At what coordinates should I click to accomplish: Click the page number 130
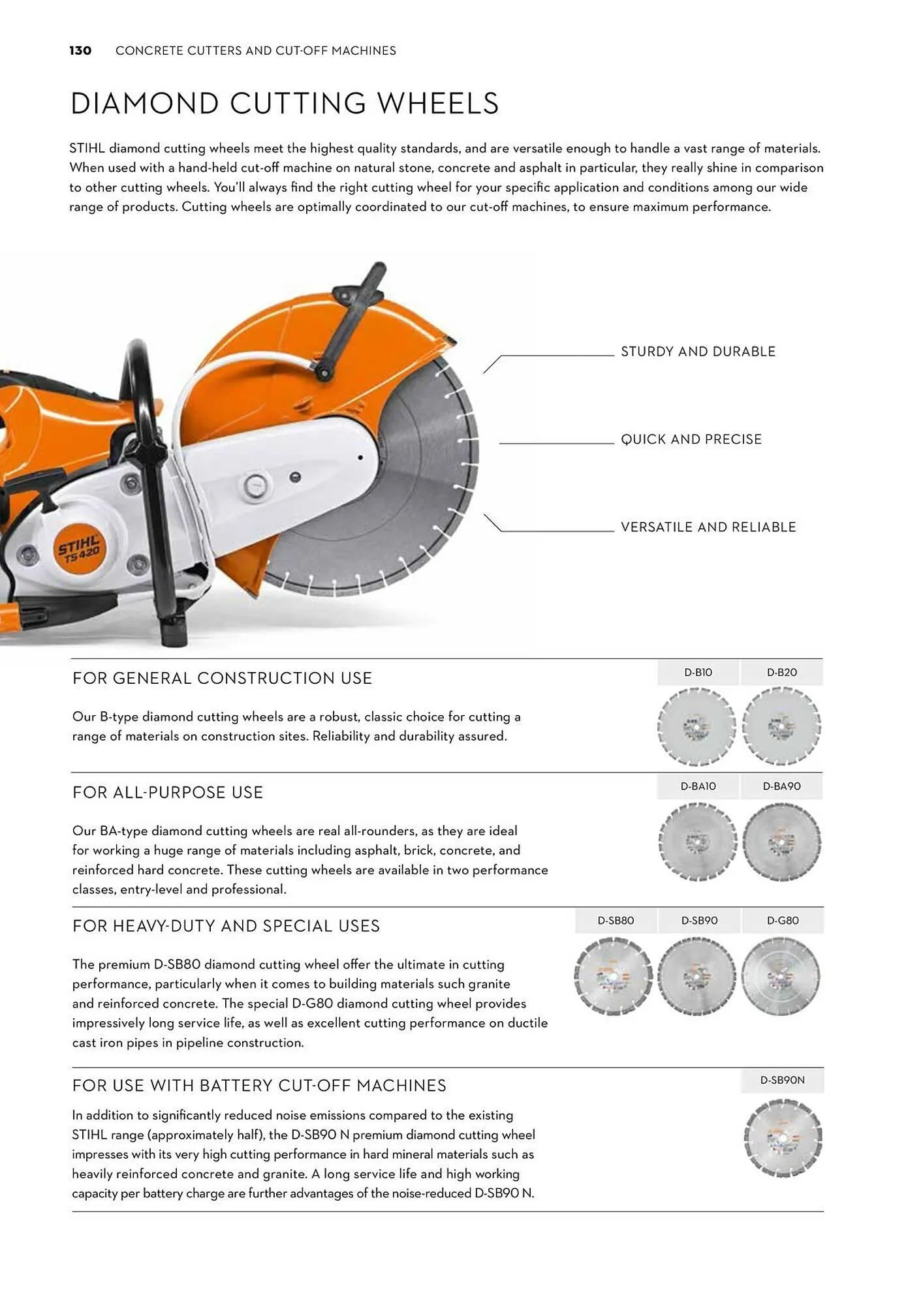pyautogui.click(x=80, y=51)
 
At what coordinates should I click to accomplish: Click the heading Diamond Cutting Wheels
pyautogui.click(x=285, y=104)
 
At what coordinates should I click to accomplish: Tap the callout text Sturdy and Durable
pyautogui.click(x=698, y=352)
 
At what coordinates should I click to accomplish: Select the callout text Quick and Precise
pyautogui.click(x=691, y=439)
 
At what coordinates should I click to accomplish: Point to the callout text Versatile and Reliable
pyautogui.click(x=708, y=527)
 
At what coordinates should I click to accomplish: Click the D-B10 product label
pyautogui.click(x=698, y=673)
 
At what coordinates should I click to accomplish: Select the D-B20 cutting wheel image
pyautogui.click(x=781, y=727)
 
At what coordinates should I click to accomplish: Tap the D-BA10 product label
pyautogui.click(x=698, y=787)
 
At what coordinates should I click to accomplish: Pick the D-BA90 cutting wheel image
pyautogui.click(x=781, y=842)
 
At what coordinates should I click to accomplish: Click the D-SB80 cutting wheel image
pyautogui.click(x=614, y=977)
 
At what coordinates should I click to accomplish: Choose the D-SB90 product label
pyautogui.click(x=699, y=921)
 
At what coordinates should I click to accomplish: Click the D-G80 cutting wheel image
pyautogui.click(x=781, y=977)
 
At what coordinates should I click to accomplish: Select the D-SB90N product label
pyautogui.click(x=782, y=1081)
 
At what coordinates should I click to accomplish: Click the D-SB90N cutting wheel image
pyautogui.click(x=782, y=1138)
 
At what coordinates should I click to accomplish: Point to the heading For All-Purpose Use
pyautogui.click(x=168, y=793)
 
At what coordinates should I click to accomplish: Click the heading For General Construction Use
pyautogui.click(x=222, y=679)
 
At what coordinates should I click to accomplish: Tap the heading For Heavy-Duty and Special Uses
pyautogui.click(x=226, y=927)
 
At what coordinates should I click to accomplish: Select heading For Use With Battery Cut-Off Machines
pyautogui.click(x=259, y=1086)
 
